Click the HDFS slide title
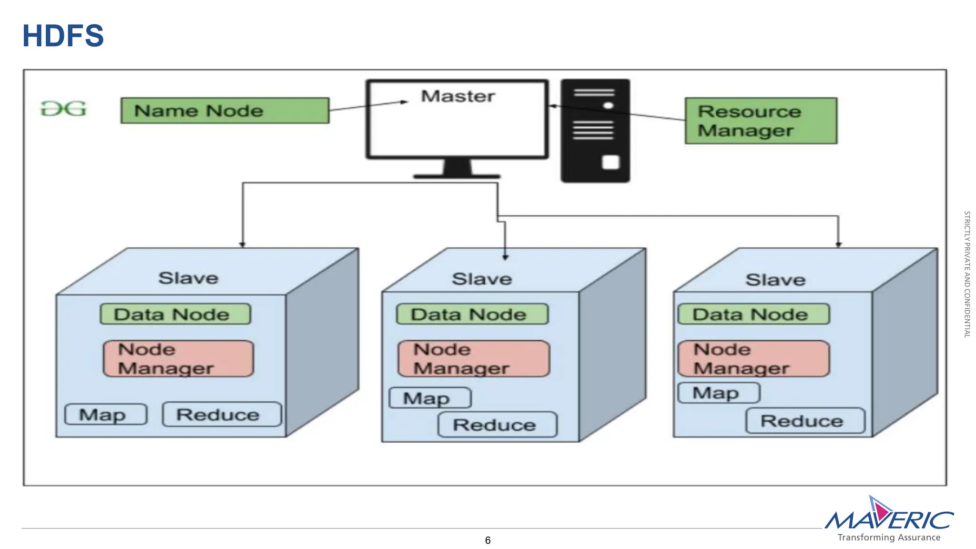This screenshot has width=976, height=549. coord(63,36)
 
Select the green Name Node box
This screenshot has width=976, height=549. coord(224,111)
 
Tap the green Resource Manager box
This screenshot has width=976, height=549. coord(761,121)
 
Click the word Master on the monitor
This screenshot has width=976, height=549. coord(457,96)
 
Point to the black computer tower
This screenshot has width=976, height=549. coord(595,131)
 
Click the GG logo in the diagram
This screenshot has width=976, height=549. coord(63,109)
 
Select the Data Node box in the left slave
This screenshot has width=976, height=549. coord(175,315)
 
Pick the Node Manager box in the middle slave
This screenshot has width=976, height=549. coord(474,359)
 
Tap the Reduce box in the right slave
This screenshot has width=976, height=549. coord(805,421)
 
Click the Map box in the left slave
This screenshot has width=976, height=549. coord(106,415)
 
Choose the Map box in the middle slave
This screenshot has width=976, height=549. coord(430,398)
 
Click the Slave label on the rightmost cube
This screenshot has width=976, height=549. coord(775,280)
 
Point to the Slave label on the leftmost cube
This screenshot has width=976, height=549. coord(188,278)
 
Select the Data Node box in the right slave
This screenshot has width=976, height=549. coord(753,315)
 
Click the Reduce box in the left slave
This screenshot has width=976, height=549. coord(222,415)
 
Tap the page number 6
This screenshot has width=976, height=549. coord(488,540)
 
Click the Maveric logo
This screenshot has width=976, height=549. coord(889,519)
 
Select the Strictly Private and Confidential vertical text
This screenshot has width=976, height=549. coord(967,274)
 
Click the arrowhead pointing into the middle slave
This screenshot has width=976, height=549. coord(505,257)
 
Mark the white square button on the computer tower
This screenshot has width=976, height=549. coord(610,163)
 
